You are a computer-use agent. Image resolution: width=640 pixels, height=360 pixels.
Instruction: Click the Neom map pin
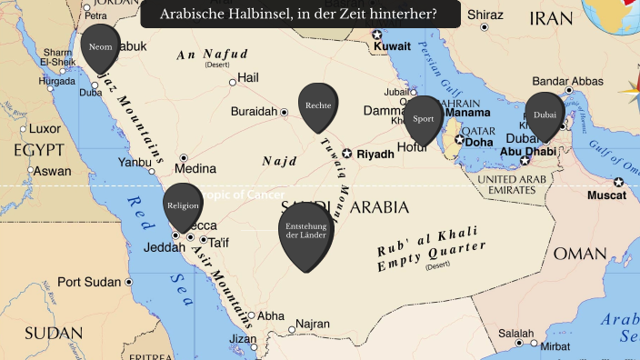[99, 46]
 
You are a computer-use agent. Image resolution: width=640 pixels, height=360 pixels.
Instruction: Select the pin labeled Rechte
[318, 106]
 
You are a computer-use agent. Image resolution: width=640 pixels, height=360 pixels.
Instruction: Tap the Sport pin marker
[423, 119]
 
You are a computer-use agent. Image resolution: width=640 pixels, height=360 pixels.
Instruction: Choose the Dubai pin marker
[545, 115]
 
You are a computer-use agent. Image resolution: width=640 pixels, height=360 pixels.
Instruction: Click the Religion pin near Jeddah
[183, 206]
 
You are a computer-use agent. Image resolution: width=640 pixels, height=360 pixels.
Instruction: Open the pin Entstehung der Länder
[305, 231]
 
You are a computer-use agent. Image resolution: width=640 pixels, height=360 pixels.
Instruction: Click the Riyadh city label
[375, 155]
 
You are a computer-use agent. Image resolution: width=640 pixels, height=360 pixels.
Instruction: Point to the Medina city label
[195, 169]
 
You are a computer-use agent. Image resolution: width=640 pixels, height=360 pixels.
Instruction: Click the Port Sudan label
[89, 282]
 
